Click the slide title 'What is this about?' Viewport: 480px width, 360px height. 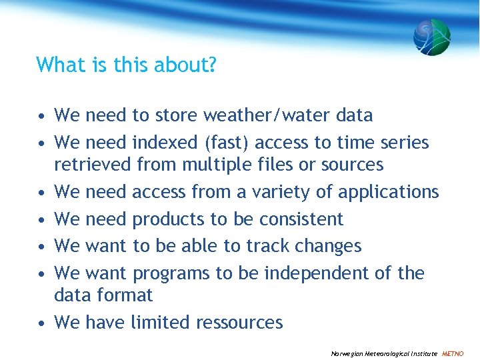pyautogui.click(x=127, y=65)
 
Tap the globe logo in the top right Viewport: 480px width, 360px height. pyautogui.click(x=431, y=37)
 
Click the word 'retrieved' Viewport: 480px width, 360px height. pyautogui.click(x=93, y=165)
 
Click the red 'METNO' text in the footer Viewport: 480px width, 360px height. pyautogui.click(x=453, y=353)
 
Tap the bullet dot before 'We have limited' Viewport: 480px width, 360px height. pyautogui.click(x=41, y=323)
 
